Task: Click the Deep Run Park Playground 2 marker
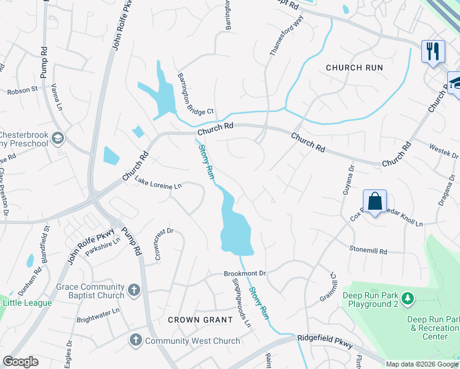pos(408,299)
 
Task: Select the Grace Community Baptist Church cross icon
pos(134,289)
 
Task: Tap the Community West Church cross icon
pos(135,340)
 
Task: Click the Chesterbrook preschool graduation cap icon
pos(58,138)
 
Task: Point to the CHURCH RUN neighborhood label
pos(354,68)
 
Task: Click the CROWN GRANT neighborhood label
pos(200,320)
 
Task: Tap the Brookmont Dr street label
pos(244,273)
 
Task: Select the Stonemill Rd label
pos(368,252)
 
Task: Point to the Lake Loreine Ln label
pos(159,183)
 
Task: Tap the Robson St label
pos(23,90)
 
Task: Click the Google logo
pos(20,362)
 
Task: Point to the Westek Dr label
pos(443,149)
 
